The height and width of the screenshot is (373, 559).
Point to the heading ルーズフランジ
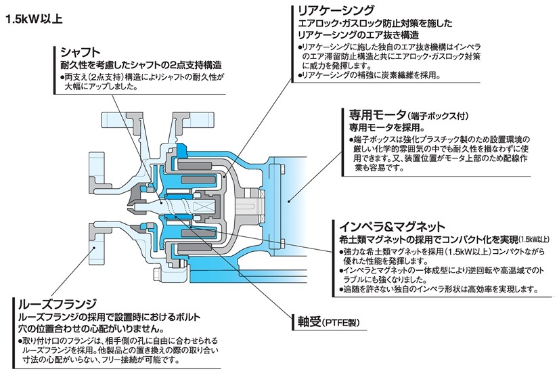(58, 303)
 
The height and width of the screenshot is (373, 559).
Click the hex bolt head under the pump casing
(156, 276)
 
